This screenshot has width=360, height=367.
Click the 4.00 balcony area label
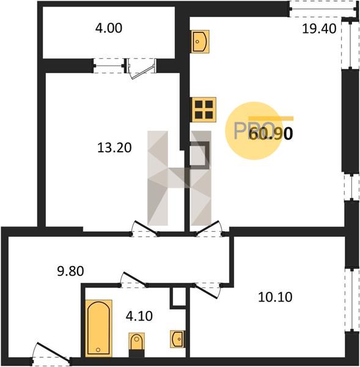point(109,28)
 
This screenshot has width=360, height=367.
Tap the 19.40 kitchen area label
point(319,29)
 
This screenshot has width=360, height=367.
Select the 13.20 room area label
point(114,147)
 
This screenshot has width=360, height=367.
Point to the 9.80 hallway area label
point(70,271)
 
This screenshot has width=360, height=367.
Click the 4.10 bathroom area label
point(139,316)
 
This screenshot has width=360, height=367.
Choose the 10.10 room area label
point(275,297)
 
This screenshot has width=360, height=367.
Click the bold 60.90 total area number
point(271,134)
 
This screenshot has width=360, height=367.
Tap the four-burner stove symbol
point(204,109)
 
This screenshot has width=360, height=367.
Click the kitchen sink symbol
point(200,42)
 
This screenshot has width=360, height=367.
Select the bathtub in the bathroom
point(98,328)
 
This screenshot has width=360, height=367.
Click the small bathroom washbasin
point(177,339)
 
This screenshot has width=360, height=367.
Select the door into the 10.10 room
point(207,290)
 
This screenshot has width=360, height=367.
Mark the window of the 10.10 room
point(352,300)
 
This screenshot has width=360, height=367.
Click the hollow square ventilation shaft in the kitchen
point(199,155)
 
